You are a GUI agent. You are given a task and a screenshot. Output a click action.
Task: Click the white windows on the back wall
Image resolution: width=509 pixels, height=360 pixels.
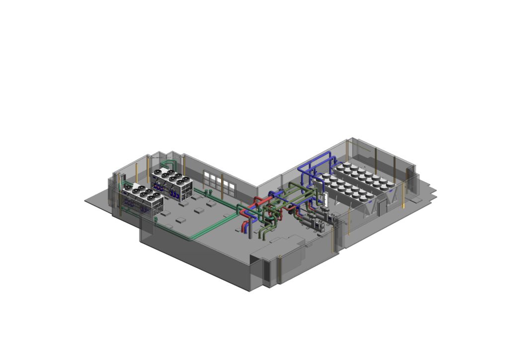219,183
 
